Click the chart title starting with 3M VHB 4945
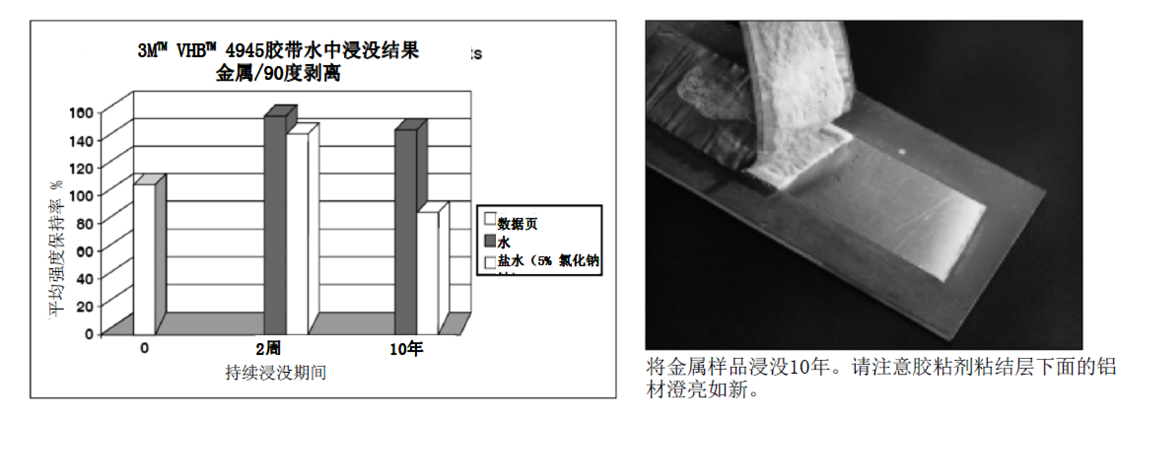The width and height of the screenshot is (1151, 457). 279,51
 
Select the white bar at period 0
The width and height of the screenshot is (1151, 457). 144,259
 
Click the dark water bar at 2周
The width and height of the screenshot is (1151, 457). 275,224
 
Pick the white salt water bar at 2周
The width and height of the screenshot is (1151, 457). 297,234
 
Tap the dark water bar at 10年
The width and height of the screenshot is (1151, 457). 406,232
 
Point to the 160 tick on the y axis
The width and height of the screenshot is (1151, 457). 81,113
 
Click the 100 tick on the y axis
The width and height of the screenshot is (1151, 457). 81,195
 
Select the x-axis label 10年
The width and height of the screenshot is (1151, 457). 406,349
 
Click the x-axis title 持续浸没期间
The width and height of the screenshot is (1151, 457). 276,372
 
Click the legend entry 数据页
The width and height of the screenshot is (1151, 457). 517,224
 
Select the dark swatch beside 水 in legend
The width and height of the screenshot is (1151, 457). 490,241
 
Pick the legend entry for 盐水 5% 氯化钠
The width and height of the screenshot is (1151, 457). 548,260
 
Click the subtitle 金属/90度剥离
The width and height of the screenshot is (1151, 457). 278,74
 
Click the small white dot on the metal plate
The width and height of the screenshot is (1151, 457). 903,151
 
